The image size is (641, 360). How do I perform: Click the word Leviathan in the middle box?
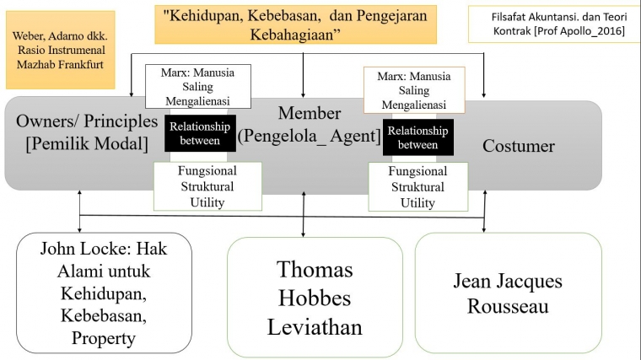pyautogui.click(x=315, y=327)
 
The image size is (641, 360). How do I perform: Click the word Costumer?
pyautogui.click(x=519, y=146)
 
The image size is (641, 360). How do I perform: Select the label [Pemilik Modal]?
pyautogui.click(x=87, y=142)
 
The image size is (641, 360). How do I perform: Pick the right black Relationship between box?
pyautogui.click(x=418, y=137)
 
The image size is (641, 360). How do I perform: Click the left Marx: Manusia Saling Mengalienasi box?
pyautogui.click(x=198, y=87)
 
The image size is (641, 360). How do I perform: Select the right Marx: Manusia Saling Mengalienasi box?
pyautogui.click(x=415, y=90)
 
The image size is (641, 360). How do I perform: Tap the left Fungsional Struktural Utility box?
pyautogui.click(x=207, y=185)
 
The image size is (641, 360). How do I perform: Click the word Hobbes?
pyautogui.click(x=315, y=298)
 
